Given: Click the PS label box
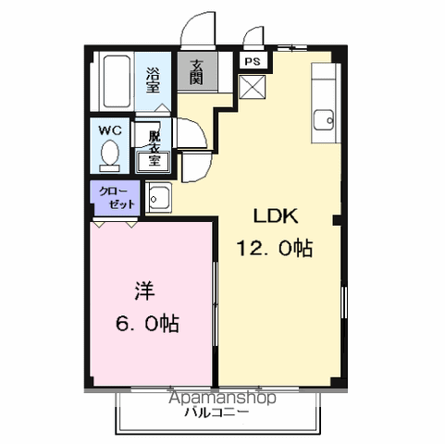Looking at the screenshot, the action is pyautogui.click(x=253, y=61).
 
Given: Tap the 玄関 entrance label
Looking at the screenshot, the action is pyautogui.click(x=196, y=72).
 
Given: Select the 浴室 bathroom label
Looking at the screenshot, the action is pyautogui.click(x=153, y=80).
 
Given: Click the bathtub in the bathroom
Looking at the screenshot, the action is pyautogui.click(x=117, y=81).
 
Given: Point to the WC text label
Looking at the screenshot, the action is pyautogui.click(x=110, y=130).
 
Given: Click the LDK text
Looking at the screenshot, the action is pyautogui.click(x=276, y=216).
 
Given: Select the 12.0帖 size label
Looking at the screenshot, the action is pyautogui.click(x=275, y=248).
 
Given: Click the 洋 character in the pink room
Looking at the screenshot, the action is pyautogui.click(x=144, y=291).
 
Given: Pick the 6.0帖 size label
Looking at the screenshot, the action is pyautogui.click(x=147, y=323).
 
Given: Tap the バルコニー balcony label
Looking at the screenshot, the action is pyautogui.click(x=216, y=413).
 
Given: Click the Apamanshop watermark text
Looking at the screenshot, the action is pyautogui.click(x=222, y=398).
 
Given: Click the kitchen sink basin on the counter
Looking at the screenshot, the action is pyautogui.click(x=324, y=120).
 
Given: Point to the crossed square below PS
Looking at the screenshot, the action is pyautogui.click(x=253, y=87).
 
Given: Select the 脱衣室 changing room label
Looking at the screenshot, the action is pyautogui.click(x=154, y=148).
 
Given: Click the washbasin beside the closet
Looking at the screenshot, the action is pyautogui.click(x=158, y=198).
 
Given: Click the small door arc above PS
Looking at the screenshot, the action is pyautogui.click(x=253, y=35).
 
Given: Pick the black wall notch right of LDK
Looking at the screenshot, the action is pyautogui.click(x=337, y=220).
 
